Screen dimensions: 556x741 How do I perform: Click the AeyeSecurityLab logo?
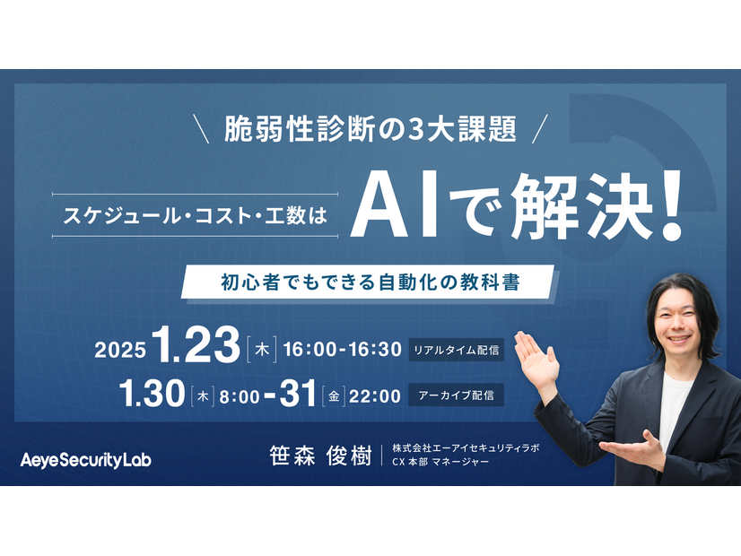coord(86,460)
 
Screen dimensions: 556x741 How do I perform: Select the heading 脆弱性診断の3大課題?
coord(373,130)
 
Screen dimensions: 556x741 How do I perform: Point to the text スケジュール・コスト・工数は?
coord(195,215)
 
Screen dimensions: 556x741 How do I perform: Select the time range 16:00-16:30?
coord(342,350)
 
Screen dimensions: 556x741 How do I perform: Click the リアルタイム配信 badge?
coord(457,350)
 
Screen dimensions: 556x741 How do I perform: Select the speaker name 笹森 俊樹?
coord(320,456)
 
